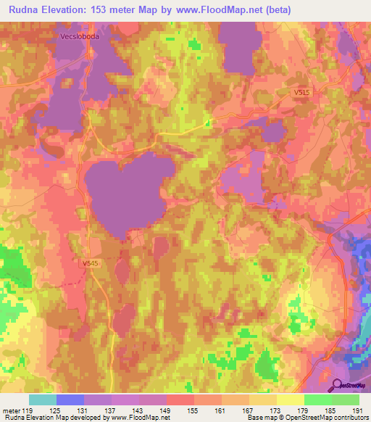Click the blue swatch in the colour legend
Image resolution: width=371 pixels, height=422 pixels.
[70, 400]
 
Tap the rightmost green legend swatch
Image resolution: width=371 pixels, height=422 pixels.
[346, 400]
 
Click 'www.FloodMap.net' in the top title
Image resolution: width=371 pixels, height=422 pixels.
[236, 9]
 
